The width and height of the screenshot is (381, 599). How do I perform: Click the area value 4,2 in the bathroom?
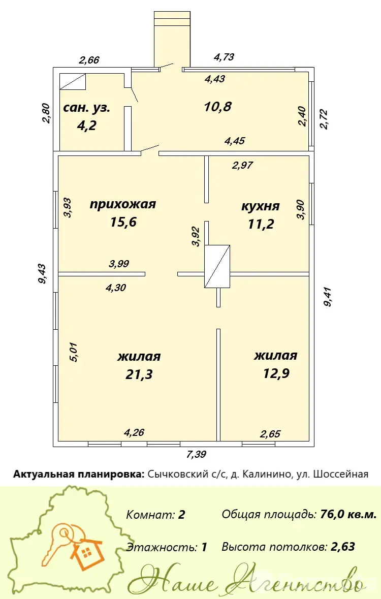pos(86,125)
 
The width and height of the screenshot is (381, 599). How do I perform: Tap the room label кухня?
pos(260,206)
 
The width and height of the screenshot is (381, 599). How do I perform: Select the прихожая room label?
pos(122,204)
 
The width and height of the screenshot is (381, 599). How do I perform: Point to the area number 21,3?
pos(139,374)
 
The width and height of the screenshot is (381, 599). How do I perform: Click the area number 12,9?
pos(276,373)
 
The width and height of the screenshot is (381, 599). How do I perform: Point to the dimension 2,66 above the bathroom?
pos(89,60)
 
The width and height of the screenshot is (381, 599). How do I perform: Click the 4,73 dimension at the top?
pos(224,57)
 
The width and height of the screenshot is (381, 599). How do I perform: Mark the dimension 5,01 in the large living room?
pos(73,352)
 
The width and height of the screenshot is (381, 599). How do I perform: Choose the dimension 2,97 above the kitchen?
pos(242,165)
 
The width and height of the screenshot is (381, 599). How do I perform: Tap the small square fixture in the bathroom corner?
pos(73,82)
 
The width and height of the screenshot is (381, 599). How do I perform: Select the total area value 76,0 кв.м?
pos(348,514)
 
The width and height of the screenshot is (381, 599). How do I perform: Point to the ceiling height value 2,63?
pos(342,547)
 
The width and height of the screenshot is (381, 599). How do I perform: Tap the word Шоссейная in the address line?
pos(341,474)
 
